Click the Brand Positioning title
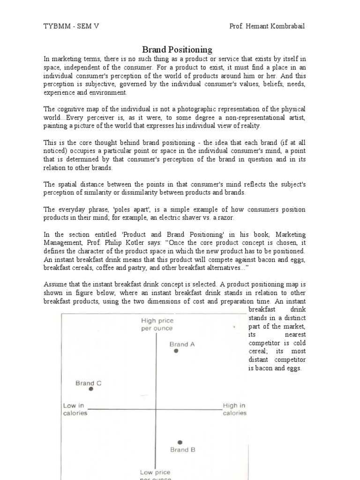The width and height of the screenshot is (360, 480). tap(177, 49)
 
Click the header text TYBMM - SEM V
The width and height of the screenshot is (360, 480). tap(71, 26)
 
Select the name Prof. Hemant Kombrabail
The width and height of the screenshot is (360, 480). tap(267, 26)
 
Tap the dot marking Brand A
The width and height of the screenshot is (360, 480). tap(176, 351)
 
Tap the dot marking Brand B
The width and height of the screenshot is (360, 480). tap(180, 442)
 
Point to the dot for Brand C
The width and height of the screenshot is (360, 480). tap(91, 389)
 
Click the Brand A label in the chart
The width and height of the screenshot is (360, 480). tap(182, 344)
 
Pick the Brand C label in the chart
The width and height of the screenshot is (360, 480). tap(88, 383)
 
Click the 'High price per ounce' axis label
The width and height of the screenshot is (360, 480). tap(157, 324)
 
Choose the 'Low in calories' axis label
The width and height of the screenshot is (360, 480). tap(75, 409)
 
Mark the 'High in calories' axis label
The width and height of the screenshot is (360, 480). tap(234, 409)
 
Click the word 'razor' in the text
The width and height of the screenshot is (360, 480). tap(221, 217)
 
